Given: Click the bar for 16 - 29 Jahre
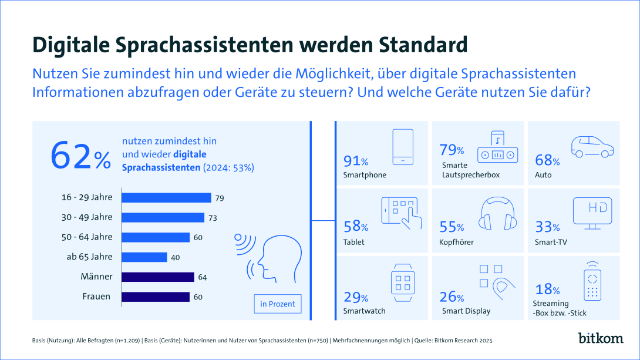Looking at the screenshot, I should click(166, 197).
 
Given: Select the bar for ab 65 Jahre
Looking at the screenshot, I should click(144, 257).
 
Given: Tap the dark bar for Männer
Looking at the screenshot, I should click(158, 277).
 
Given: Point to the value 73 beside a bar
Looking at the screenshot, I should click(213, 218).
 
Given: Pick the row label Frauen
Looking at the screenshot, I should click(96, 297).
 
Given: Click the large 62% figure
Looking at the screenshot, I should click(80, 156).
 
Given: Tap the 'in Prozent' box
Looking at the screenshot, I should click(278, 304).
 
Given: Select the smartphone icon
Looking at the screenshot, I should click(403, 147).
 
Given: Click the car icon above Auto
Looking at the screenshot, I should click(592, 147).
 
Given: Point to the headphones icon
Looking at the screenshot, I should click(498, 214).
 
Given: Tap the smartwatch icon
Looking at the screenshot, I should click(403, 282).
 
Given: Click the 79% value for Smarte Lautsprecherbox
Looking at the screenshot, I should click(453, 150).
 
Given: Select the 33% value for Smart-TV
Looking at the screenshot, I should click(548, 227).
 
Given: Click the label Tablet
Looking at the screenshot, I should click(355, 242).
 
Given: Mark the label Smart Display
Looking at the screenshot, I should click(466, 311).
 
